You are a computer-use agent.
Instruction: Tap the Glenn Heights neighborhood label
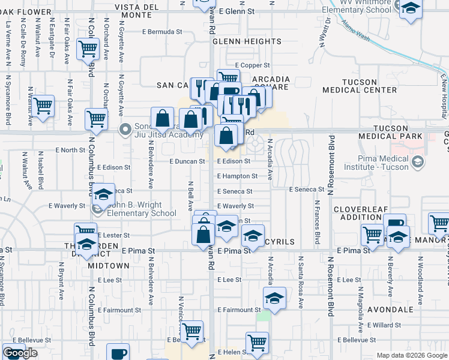(x=237, y=41)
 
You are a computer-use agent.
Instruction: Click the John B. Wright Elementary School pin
(x=98, y=209)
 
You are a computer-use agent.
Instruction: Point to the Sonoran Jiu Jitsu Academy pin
(x=125, y=129)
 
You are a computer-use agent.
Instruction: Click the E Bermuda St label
(x=161, y=31)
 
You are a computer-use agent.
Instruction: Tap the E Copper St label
(x=253, y=65)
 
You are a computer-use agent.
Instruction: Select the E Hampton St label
(x=237, y=176)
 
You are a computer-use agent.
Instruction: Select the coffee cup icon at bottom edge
(x=118, y=353)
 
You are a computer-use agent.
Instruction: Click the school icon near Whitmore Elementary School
(x=411, y=10)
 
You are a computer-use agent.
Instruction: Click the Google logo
(x=20, y=353)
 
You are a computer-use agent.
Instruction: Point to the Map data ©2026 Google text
(x=412, y=355)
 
